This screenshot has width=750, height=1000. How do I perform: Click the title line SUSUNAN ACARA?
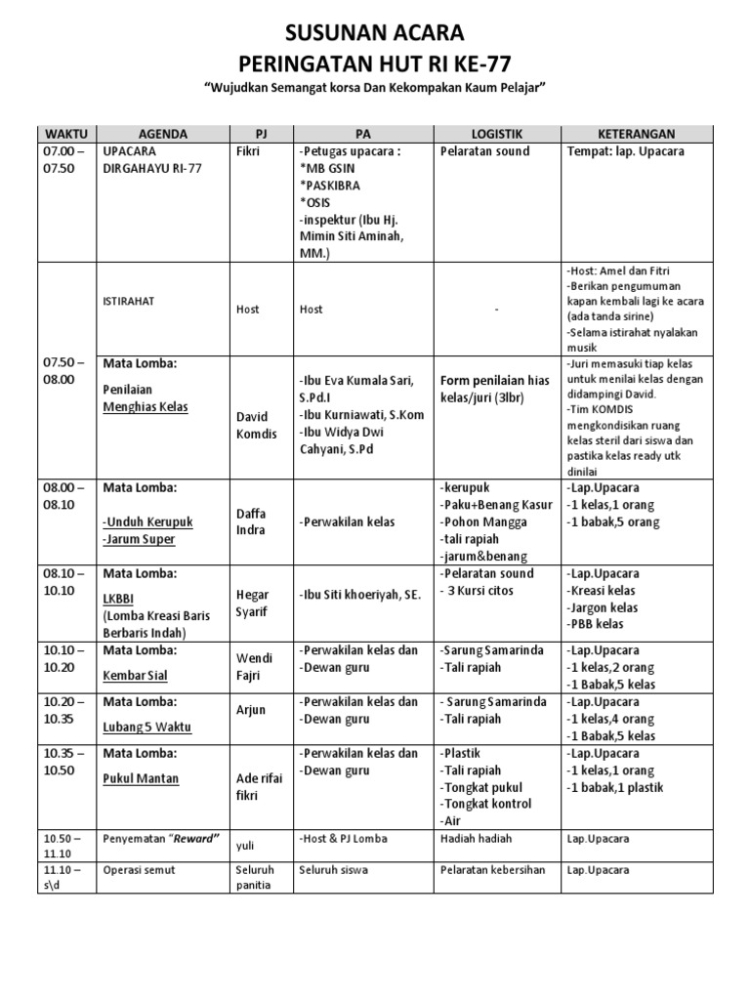point(374,33)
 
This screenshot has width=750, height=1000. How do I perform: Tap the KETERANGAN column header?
point(637,134)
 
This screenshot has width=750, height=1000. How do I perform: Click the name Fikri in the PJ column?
point(250,151)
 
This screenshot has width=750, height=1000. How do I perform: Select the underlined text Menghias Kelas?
point(146,407)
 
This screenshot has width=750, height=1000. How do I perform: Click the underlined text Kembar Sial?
point(135,675)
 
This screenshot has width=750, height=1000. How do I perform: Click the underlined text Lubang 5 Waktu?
point(146,727)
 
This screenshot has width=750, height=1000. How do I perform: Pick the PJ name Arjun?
point(251,710)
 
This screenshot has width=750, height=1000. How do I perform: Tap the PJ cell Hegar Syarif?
point(253,603)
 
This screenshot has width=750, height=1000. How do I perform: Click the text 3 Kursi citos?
point(481,591)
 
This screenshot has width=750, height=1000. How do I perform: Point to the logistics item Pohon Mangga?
point(484,521)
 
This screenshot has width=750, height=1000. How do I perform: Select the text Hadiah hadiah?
point(476,838)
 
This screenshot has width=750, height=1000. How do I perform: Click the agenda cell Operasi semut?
point(140,869)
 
